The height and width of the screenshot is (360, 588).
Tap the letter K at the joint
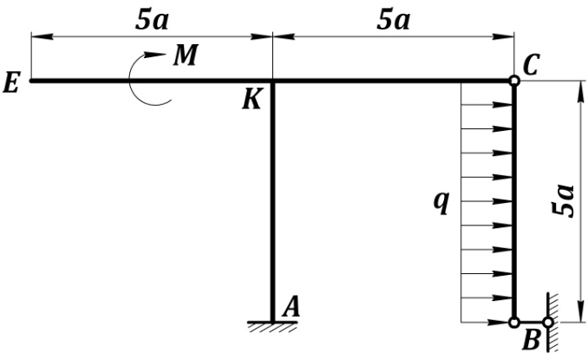(x=253, y=100)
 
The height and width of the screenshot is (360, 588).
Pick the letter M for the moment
(x=184, y=56)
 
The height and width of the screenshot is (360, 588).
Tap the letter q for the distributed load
(x=441, y=203)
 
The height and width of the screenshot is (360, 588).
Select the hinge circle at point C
(x=514, y=81)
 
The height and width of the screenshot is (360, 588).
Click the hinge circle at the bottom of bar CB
(x=514, y=322)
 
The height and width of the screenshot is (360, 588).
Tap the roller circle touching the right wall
(x=547, y=322)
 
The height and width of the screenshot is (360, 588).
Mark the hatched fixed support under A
(x=272, y=326)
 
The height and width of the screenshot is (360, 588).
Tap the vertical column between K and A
(x=272, y=200)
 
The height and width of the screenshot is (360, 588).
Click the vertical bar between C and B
(x=514, y=200)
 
